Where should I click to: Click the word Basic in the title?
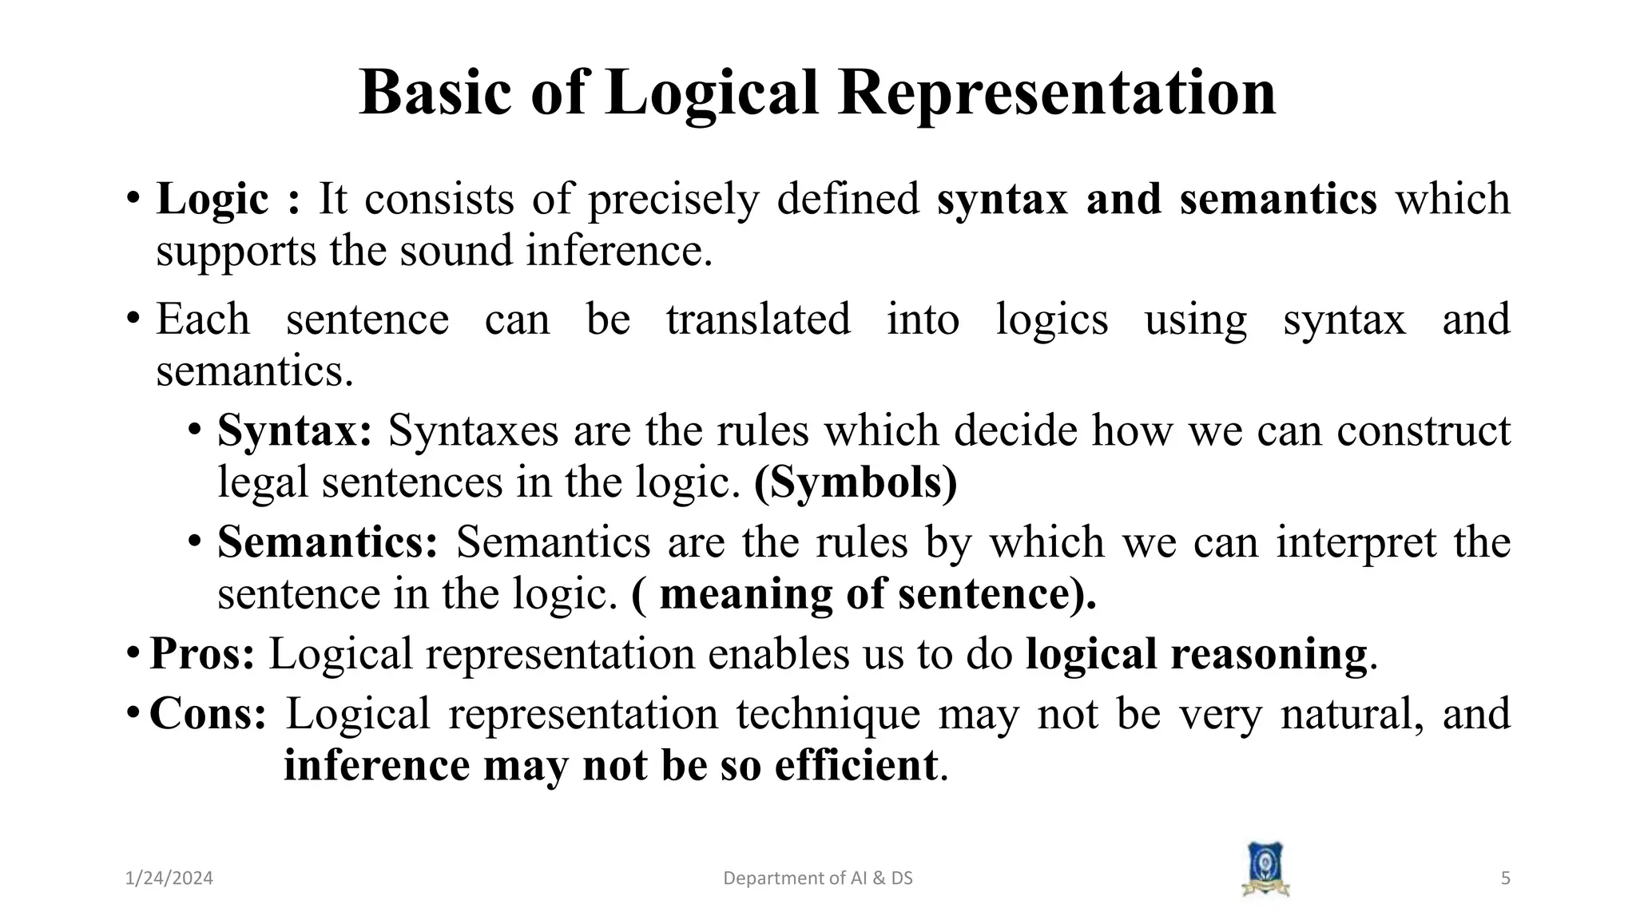coord(435,93)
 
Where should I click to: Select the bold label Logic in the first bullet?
coord(212,199)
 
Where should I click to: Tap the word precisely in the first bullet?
coord(673,199)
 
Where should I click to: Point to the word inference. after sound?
coord(619,251)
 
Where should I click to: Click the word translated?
coord(758,319)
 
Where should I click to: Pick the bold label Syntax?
coord(295,430)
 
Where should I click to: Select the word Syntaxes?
coord(473,430)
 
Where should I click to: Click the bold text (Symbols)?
coord(856,482)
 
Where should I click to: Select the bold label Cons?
coord(208,713)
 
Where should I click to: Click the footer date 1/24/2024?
coord(169,878)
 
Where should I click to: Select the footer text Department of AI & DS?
coord(817,878)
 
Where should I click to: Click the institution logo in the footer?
coord(1265,870)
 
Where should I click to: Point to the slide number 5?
coord(1506,878)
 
